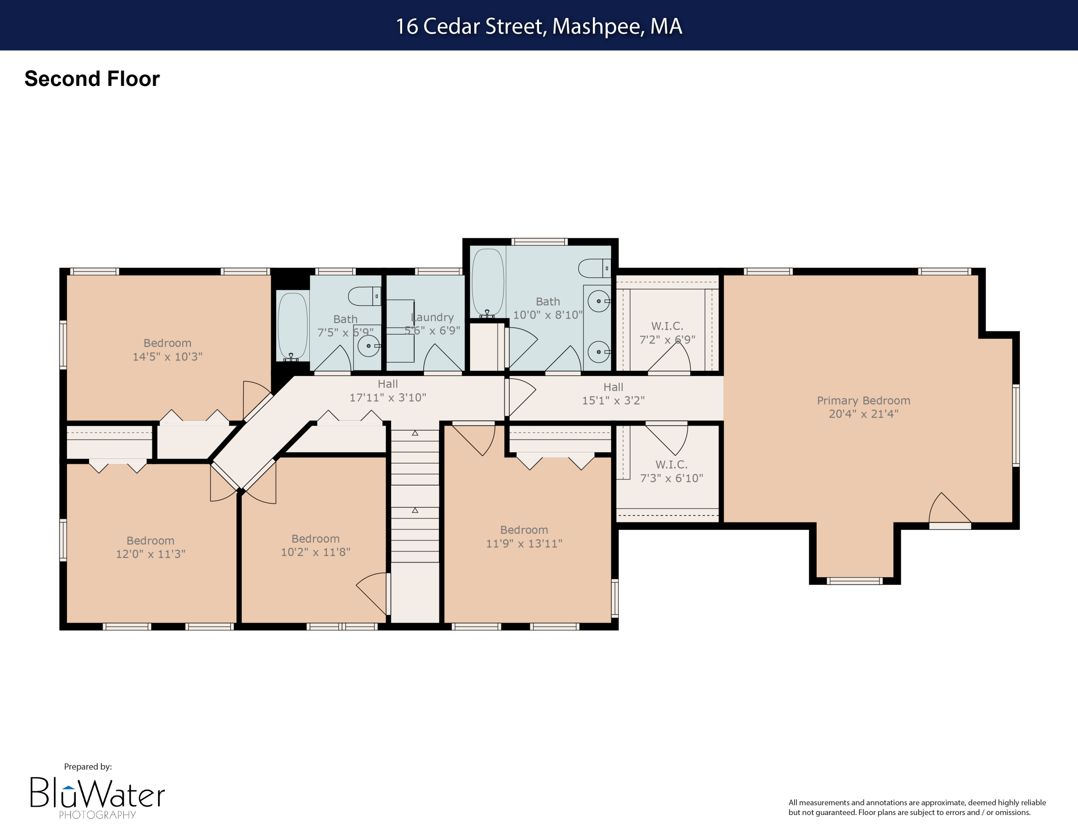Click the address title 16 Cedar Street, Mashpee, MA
[x=539, y=26]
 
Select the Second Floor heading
[x=92, y=79]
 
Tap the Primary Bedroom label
[x=863, y=401]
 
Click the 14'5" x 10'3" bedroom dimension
[x=167, y=357]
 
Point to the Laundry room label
[x=432, y=317]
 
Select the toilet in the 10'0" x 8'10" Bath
[x=595, y=268]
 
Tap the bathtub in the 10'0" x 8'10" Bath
[x=488, y=282]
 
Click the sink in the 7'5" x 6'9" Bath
[x=368, y=346]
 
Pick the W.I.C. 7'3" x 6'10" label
[x=671, y=471]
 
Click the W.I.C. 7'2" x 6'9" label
[x=667, y=333]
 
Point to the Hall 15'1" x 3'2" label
[x=613, y=394]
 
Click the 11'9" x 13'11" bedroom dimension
[x=524, y=544]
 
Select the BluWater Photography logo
[x=97, y=796]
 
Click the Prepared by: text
[x=88, y=767]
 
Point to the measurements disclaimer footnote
[x=917, y=807]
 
